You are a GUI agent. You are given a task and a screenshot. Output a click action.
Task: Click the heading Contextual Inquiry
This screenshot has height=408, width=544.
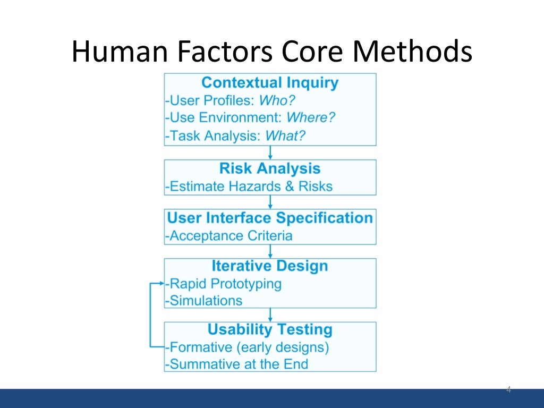pos(270,83)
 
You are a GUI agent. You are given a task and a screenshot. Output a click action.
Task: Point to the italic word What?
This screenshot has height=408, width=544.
pos(285,135)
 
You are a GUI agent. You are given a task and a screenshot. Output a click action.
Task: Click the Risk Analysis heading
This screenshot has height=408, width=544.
pos(270,169)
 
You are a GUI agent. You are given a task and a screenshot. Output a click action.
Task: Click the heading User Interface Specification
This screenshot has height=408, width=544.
pos(270,218)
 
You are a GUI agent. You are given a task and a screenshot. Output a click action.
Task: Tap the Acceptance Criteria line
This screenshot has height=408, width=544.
pos(229,235)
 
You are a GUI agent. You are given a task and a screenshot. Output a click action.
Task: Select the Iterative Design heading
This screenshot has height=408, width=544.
pos(270,266)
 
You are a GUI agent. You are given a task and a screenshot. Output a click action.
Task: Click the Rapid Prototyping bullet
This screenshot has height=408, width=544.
pos(225,283)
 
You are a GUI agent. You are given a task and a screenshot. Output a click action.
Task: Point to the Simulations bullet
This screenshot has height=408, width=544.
pos(205,300)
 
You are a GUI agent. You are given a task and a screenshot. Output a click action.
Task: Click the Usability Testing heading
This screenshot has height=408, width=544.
pos(270,329)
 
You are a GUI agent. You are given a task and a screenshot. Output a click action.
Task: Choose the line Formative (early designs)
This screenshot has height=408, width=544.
pos(248,347)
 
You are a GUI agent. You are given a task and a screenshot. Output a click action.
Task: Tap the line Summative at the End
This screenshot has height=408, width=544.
pos(237,364)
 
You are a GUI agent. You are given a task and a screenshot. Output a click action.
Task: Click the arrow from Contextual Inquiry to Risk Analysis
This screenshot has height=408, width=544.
pos(270,152)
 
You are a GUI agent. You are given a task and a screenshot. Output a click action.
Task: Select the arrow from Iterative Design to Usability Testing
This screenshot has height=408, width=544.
pos(270,314)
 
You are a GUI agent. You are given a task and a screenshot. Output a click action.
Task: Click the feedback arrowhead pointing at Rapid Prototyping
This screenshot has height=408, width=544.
pos(161,284)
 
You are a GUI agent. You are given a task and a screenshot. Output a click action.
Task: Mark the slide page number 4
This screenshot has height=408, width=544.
pos(508,390)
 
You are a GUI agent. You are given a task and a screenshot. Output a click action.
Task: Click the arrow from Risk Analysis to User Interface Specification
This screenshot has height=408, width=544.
pos(270,202)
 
